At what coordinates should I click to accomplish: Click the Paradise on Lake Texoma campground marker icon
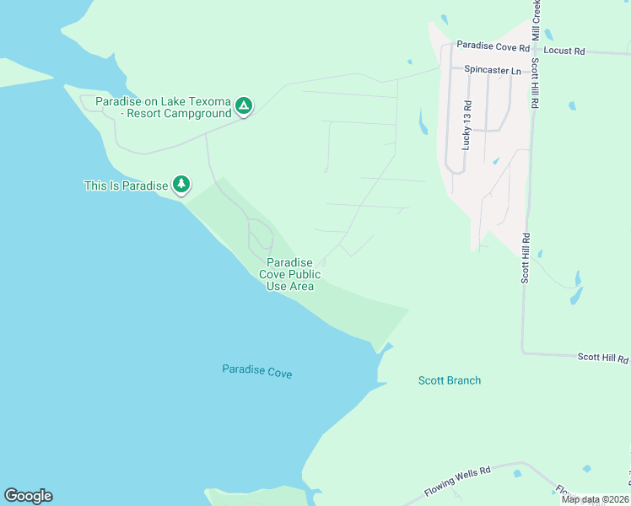[x=244, y=105]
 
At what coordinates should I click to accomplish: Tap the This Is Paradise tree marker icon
[x=181, y=184]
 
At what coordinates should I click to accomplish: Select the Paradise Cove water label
[x=257, y=371]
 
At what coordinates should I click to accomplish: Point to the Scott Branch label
[x=450, y=380]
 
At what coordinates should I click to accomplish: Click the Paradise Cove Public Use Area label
[x=290, y=275]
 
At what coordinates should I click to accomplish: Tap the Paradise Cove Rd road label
[x=493, y=46]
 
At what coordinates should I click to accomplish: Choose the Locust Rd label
[x=564, y=51]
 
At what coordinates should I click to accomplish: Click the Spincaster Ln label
[x=487, y=71]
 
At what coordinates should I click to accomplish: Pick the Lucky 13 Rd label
[x=467, y=126]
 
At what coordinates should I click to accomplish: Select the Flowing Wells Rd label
[x=456, y=480]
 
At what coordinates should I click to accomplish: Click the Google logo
[x=28, y=496]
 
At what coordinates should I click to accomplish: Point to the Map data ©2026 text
[x=595, y=499]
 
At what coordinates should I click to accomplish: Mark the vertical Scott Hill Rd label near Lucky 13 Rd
[x=536, y=83]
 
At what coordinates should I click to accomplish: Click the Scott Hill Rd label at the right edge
[x=603, y=358]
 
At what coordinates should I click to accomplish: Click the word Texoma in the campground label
[x=208, y=101]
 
